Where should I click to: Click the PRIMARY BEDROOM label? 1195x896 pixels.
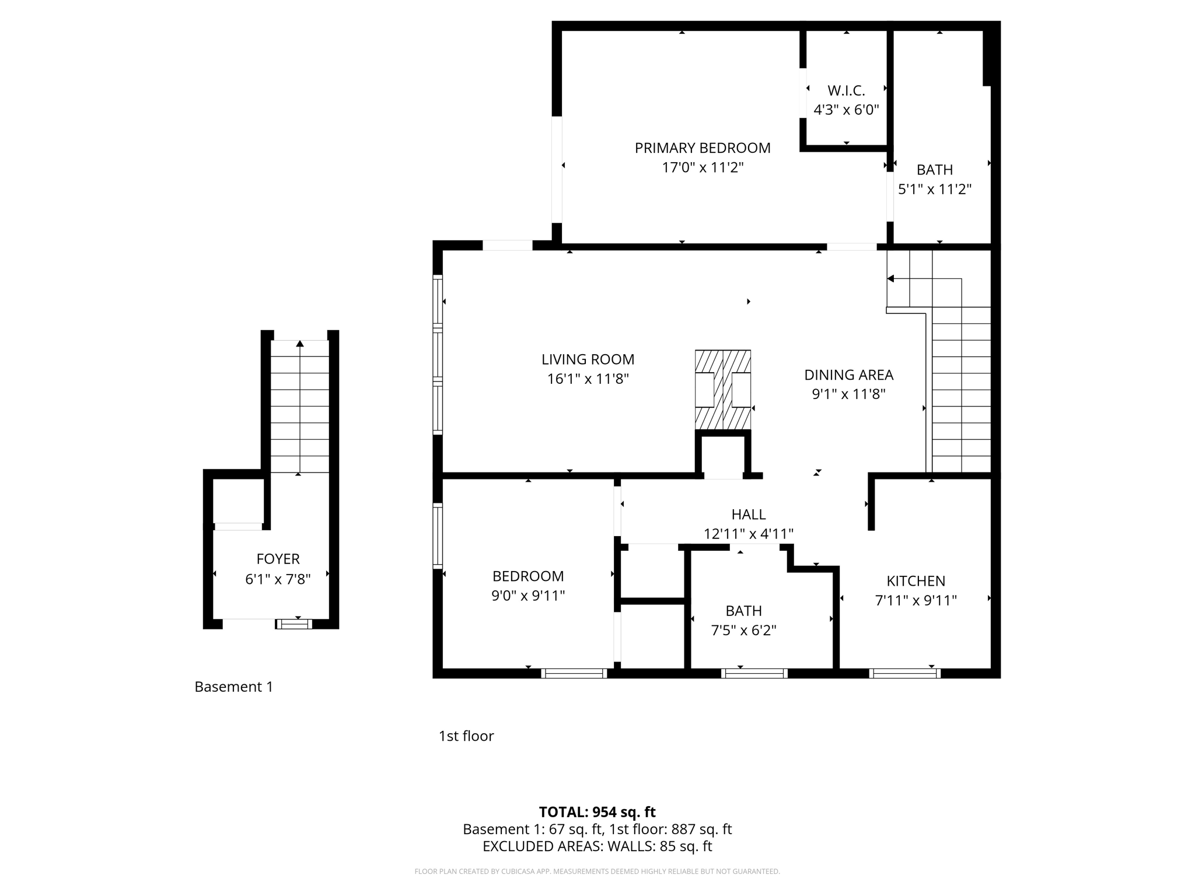tap(703, 148)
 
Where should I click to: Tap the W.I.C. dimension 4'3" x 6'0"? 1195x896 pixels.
tap(846, 110)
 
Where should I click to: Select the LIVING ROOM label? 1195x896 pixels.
tap(588, 359)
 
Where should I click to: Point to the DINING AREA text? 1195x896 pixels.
tap(848, 375)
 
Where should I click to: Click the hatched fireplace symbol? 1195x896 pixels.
tap(722, 389)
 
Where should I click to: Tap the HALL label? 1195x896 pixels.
tap(748, 514)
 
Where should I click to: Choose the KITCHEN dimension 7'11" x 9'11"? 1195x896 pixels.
tap(916, 600)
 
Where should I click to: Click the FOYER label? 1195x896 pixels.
tap(278, 559)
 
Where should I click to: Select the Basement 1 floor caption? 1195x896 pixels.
tap(233, 687)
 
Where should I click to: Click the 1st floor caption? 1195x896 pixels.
tap(466, 736)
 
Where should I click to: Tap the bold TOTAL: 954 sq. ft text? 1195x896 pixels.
tap(597, 812)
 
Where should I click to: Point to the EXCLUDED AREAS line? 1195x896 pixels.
tap(597, 846)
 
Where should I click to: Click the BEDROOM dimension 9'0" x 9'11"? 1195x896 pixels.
tap(528, 596)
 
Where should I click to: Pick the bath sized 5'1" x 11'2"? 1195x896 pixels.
tap(934, 180)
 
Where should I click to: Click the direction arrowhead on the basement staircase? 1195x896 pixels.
tap(300, 344)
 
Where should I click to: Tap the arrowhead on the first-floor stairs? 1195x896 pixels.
tap(890, 279)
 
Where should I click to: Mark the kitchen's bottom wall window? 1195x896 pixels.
tap(904, 673)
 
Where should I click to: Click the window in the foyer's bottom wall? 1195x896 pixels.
tap(294, 624)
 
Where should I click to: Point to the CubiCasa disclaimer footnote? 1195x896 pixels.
tap(597, 871)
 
